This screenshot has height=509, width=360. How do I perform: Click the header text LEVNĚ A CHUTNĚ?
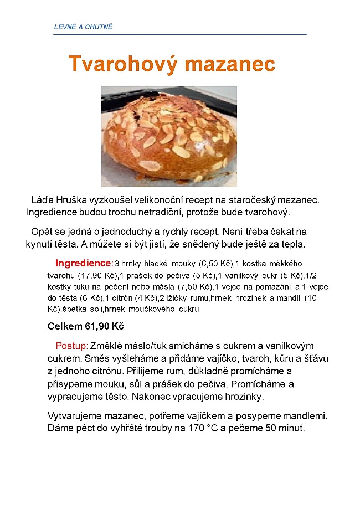[83, 27]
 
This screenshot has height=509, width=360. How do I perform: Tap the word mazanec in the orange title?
[229, 64]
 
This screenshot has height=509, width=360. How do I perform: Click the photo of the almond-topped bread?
[169, 136]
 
